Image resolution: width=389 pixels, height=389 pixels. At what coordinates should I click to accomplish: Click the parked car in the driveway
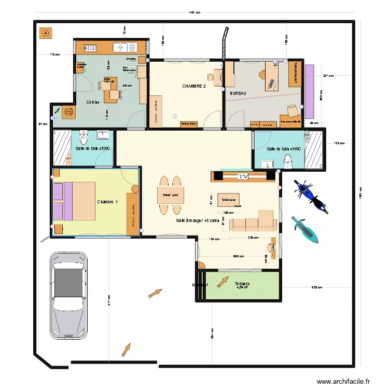pos(68,296)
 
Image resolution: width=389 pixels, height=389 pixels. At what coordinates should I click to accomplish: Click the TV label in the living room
pos(243,177)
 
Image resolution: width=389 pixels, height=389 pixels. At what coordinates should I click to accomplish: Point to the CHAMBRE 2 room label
pos(194,86)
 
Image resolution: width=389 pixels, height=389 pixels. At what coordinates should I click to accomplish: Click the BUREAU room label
pos(237,93)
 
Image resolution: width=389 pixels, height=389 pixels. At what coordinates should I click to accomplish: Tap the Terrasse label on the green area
pos(242,284)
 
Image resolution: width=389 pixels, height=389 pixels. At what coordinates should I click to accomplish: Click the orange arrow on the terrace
pos(222,282)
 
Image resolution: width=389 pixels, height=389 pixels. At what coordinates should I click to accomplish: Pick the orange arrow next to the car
pos(155,294)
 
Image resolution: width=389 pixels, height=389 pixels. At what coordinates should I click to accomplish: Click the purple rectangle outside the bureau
pos(310,91)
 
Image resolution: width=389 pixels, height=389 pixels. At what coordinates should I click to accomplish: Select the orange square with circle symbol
pos(46,33)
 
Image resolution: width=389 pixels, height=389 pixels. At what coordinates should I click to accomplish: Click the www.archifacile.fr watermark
pos(344,382)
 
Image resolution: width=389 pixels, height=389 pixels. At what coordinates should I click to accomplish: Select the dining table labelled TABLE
pos(171,195)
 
